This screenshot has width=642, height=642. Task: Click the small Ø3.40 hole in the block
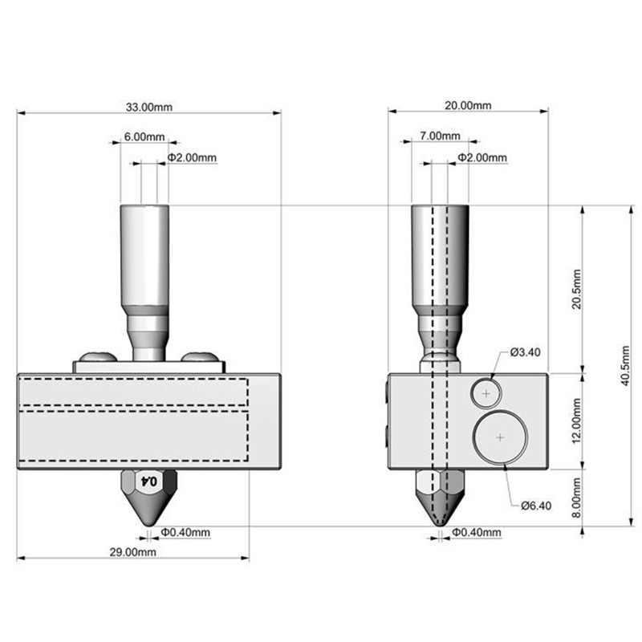[x=486, y=393]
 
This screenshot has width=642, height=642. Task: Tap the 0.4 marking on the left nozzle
[x=149, y=481]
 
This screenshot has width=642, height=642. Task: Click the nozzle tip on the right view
[x=438, y=523]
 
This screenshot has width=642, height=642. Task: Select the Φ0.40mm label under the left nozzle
[x=185, y=531]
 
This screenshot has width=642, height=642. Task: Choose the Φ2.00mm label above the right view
[x=481, y=158]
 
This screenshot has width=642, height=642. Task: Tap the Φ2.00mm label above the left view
[x=192, y=158]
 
